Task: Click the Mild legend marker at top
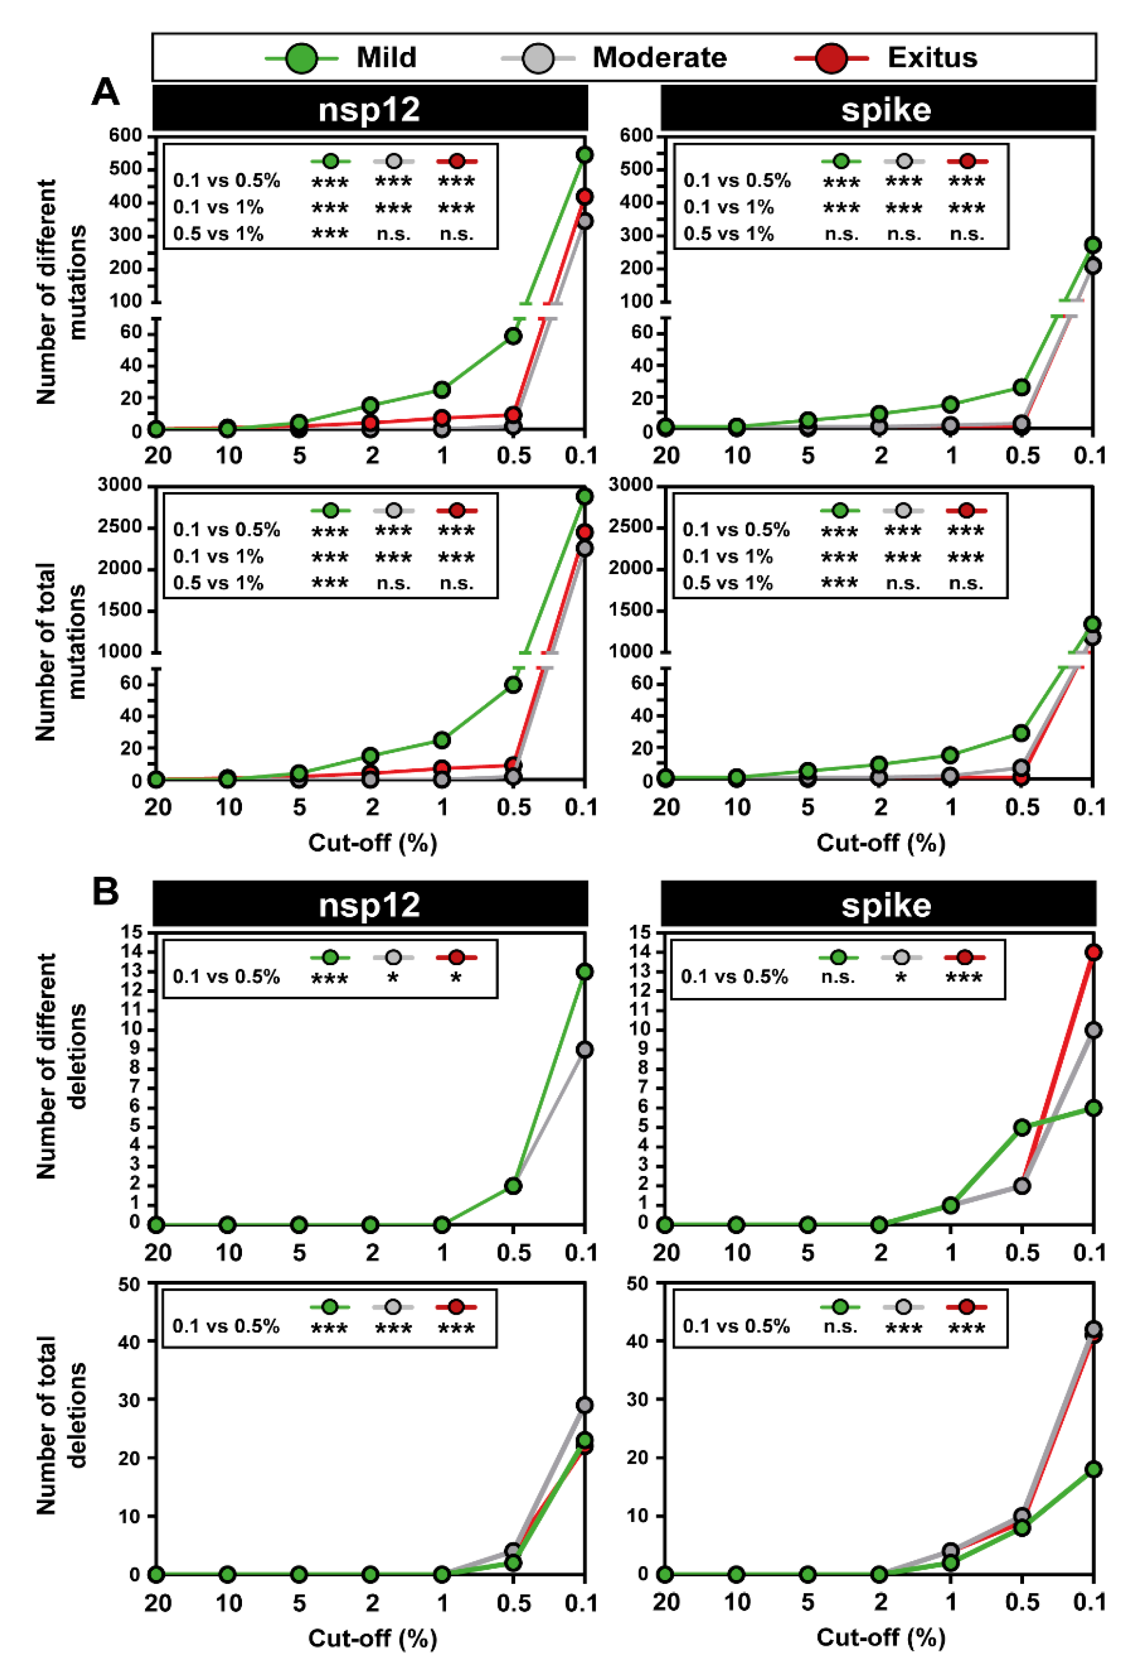[x=302, y=58]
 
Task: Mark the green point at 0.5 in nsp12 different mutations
[x=513, y=336]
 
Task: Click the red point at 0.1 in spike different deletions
[x=1093, y=952]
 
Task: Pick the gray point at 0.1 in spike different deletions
[x=1093, y=1030]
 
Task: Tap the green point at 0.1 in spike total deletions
[x=1093, y=1470]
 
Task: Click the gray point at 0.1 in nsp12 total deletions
[x=585, y=1405]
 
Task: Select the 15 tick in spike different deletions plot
[x=639, y=932]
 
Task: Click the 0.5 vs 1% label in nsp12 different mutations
[x=218, y=234]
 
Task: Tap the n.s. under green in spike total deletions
[x=839, y=1326]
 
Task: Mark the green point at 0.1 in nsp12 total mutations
[x=585, y=496]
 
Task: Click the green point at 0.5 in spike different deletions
[x=1021, y=1127]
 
